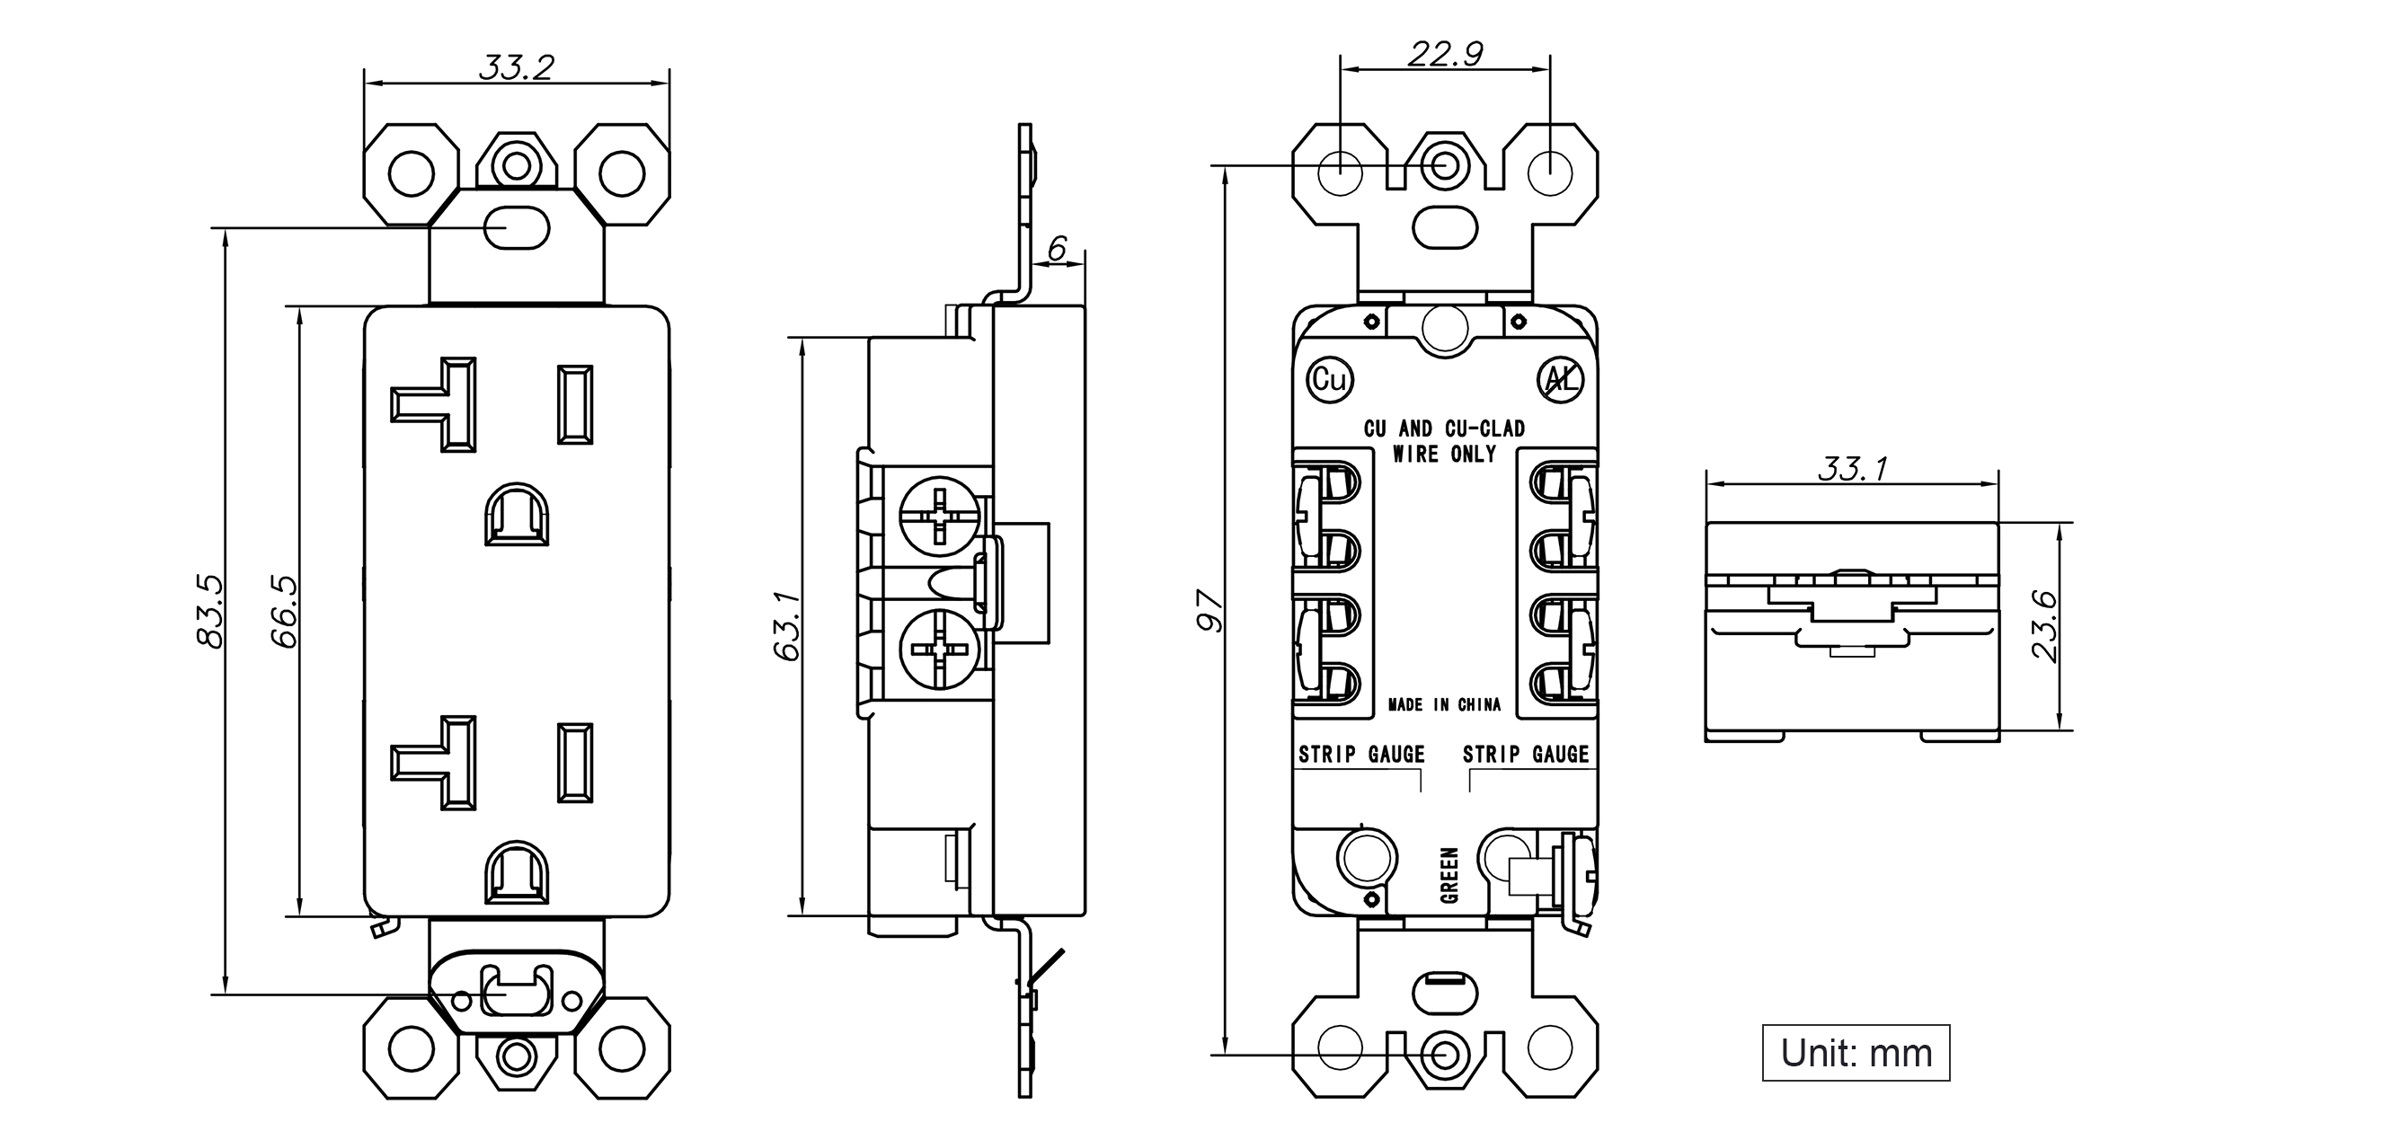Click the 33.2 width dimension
tap(517, 67)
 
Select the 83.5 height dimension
tap(209, 612)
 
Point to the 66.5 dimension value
tap(283, 612)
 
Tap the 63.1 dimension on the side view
tap(787, 625)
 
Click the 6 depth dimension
tap(1057, 248)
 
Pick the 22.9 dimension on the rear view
tap(1445, 54)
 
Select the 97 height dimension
tap(1209, 611)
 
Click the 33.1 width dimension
tap(1853, 468)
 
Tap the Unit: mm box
tap(1856, 1052)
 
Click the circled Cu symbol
tap(1329, 379)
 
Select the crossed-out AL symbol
tap(1559, 379)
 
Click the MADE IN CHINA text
tap(1444, 704)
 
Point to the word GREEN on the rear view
tap(1449, 875)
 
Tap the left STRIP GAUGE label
tap(1361, 754)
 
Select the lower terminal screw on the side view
tap(941, 650)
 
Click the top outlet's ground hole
tap(517, 514)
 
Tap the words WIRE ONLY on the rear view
tap(1444, 454)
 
